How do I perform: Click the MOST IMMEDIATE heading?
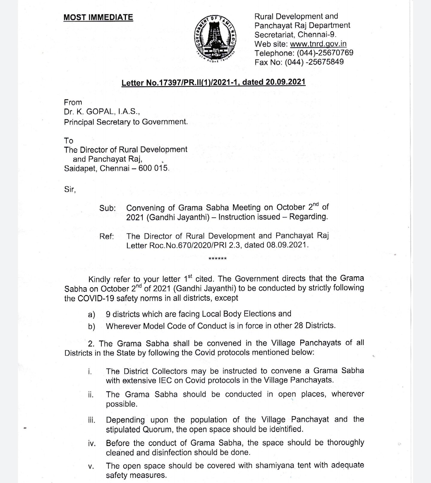click(98, 17)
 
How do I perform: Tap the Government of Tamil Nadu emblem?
click(215, 39)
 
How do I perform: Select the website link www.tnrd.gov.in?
click(318, 44)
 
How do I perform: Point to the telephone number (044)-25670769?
click(325, 53)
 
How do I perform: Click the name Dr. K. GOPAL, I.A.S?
click(102, 112)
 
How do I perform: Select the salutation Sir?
click(70, 189)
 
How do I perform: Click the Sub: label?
click(107, 208)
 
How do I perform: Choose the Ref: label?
click(107, 236)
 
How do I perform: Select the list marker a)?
click(91, 315)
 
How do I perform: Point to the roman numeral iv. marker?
click(92, 443)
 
